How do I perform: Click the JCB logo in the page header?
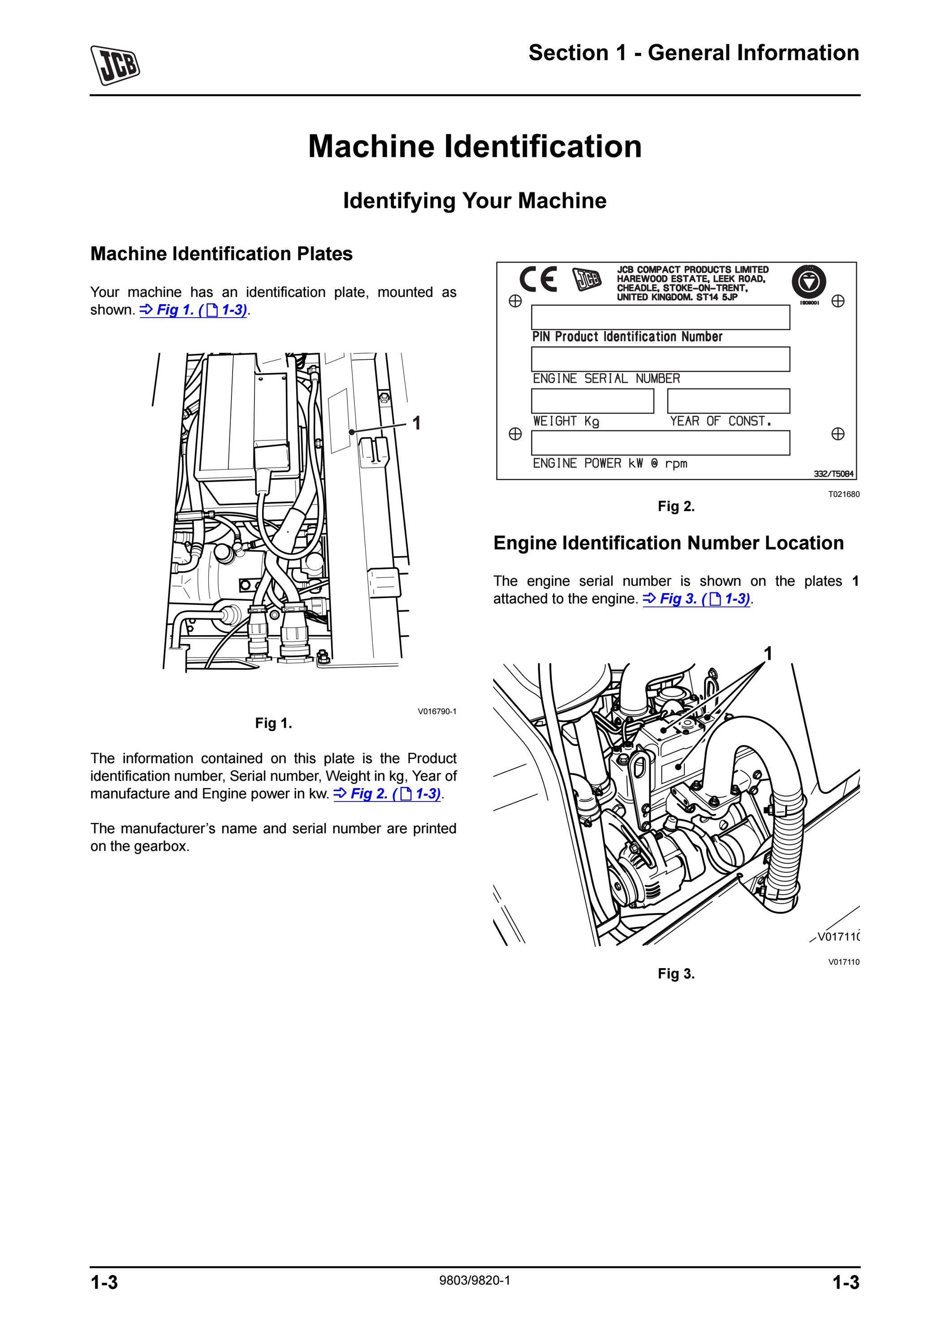(115, 65)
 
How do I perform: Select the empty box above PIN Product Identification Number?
(660, 317)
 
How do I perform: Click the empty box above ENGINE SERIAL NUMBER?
(660, 359)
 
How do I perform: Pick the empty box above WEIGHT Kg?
(592, 401)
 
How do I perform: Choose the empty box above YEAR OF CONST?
(729, 401)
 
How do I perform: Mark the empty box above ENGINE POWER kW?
(660, 443)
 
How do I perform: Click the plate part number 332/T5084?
(833, 474)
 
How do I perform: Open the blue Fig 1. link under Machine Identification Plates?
(194, 310)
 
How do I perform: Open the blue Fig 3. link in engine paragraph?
(696, 599)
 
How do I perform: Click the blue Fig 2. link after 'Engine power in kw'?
(388, 794)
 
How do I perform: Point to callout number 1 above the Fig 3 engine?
(769, 653)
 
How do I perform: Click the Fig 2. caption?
(676, 506)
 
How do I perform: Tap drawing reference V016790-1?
(436, 711)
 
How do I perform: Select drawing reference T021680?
(843, 494)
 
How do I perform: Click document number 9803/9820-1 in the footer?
(475, 1281)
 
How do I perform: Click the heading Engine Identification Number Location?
(669, 543)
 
